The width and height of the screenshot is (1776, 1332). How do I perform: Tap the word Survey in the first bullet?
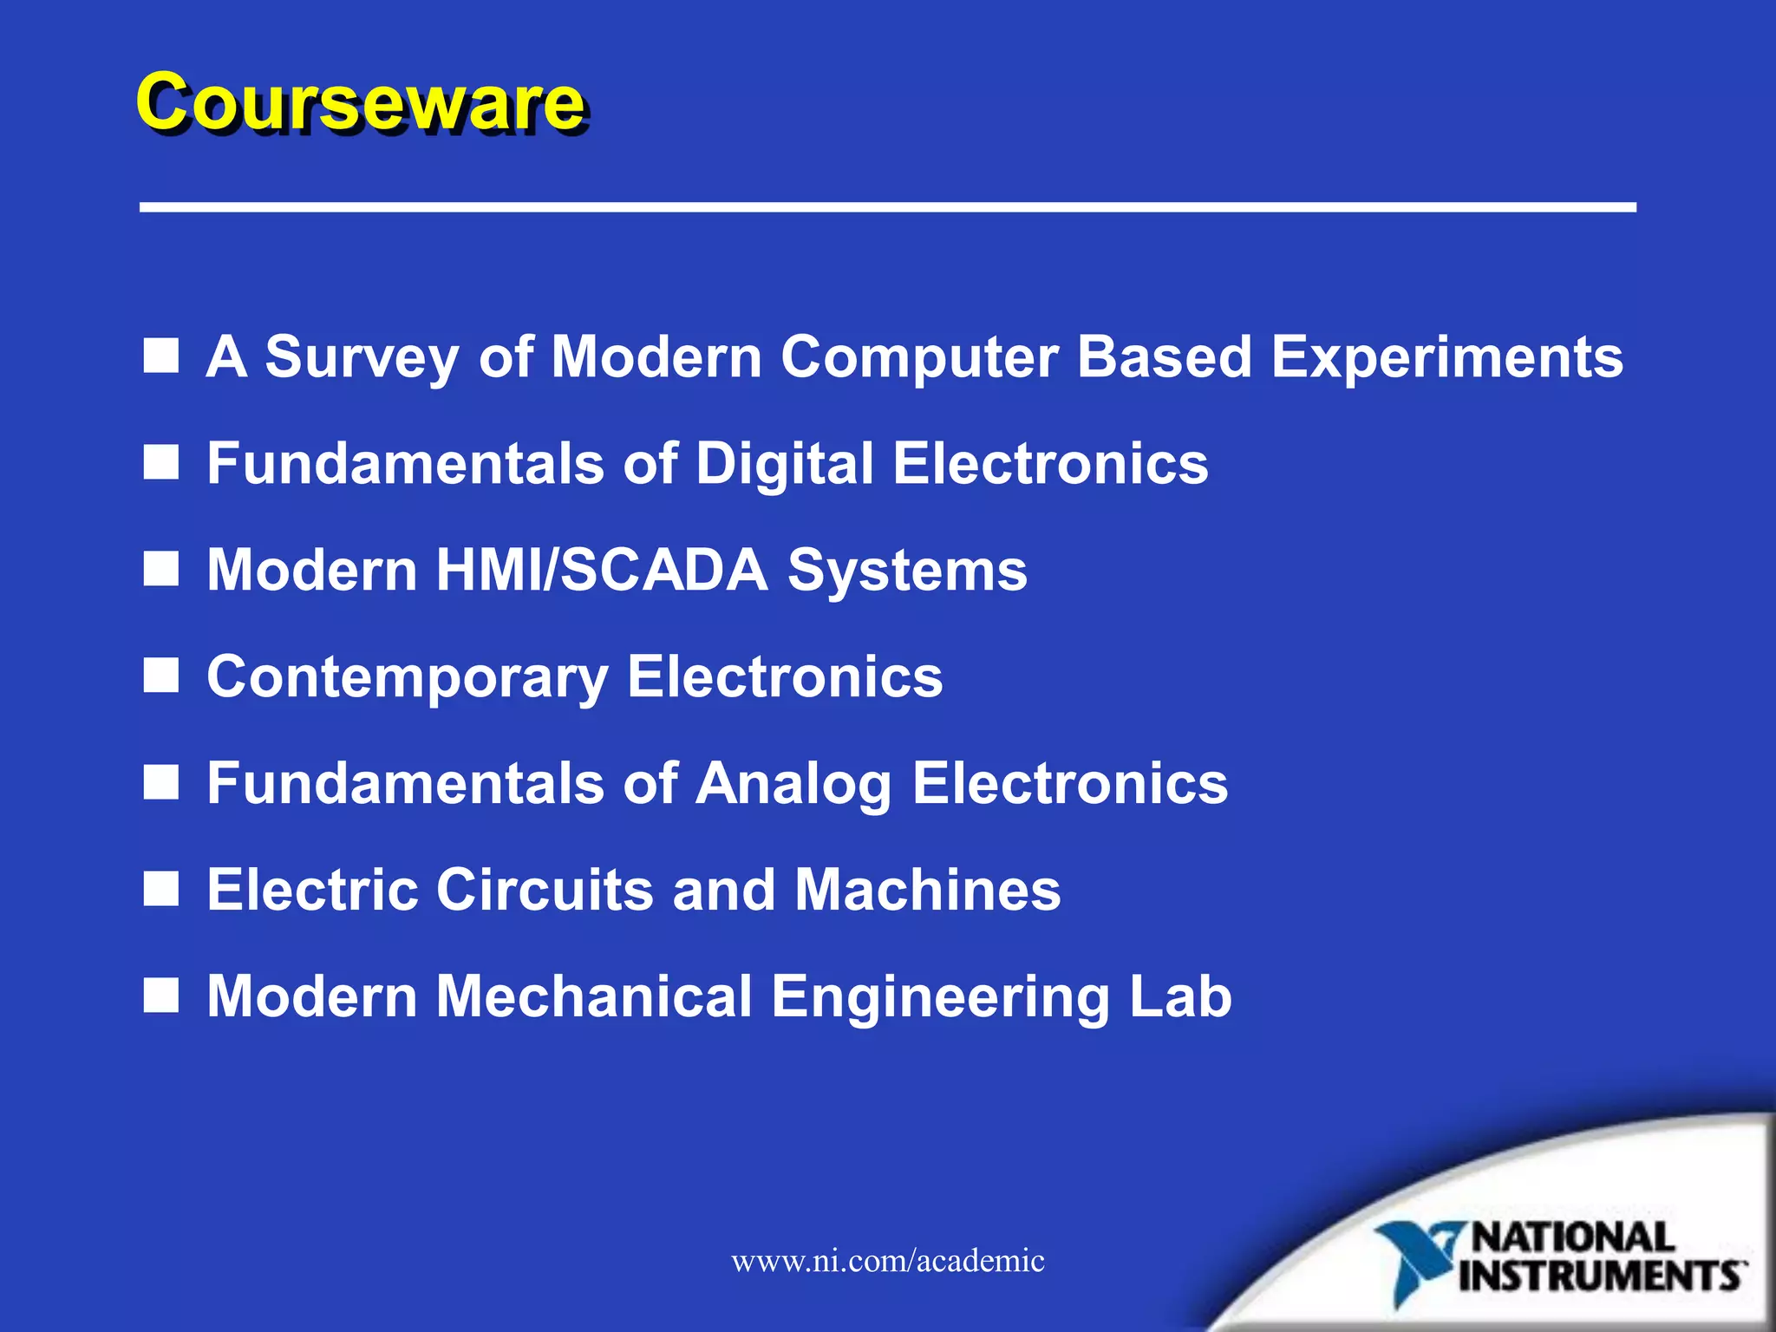(361, 357)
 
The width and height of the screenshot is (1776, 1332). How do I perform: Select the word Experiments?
(1446, 357)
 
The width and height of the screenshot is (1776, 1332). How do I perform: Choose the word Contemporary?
(408, 677)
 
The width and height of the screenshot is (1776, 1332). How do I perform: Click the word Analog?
(793, 784)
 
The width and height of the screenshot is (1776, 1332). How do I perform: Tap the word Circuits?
(544, 890)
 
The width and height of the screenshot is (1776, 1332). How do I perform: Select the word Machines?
(927, 890)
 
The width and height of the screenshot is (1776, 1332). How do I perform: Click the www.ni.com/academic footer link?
(887, 1260)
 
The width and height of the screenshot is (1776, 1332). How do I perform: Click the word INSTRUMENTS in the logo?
(1601, 1276)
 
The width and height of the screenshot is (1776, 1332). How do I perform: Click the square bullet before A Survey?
(161, 356)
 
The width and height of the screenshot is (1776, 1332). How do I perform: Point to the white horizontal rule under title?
(887, 207)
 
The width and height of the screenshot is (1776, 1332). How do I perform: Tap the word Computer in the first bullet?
(918, 357)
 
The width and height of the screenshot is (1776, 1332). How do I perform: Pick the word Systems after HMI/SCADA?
(907, 571)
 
